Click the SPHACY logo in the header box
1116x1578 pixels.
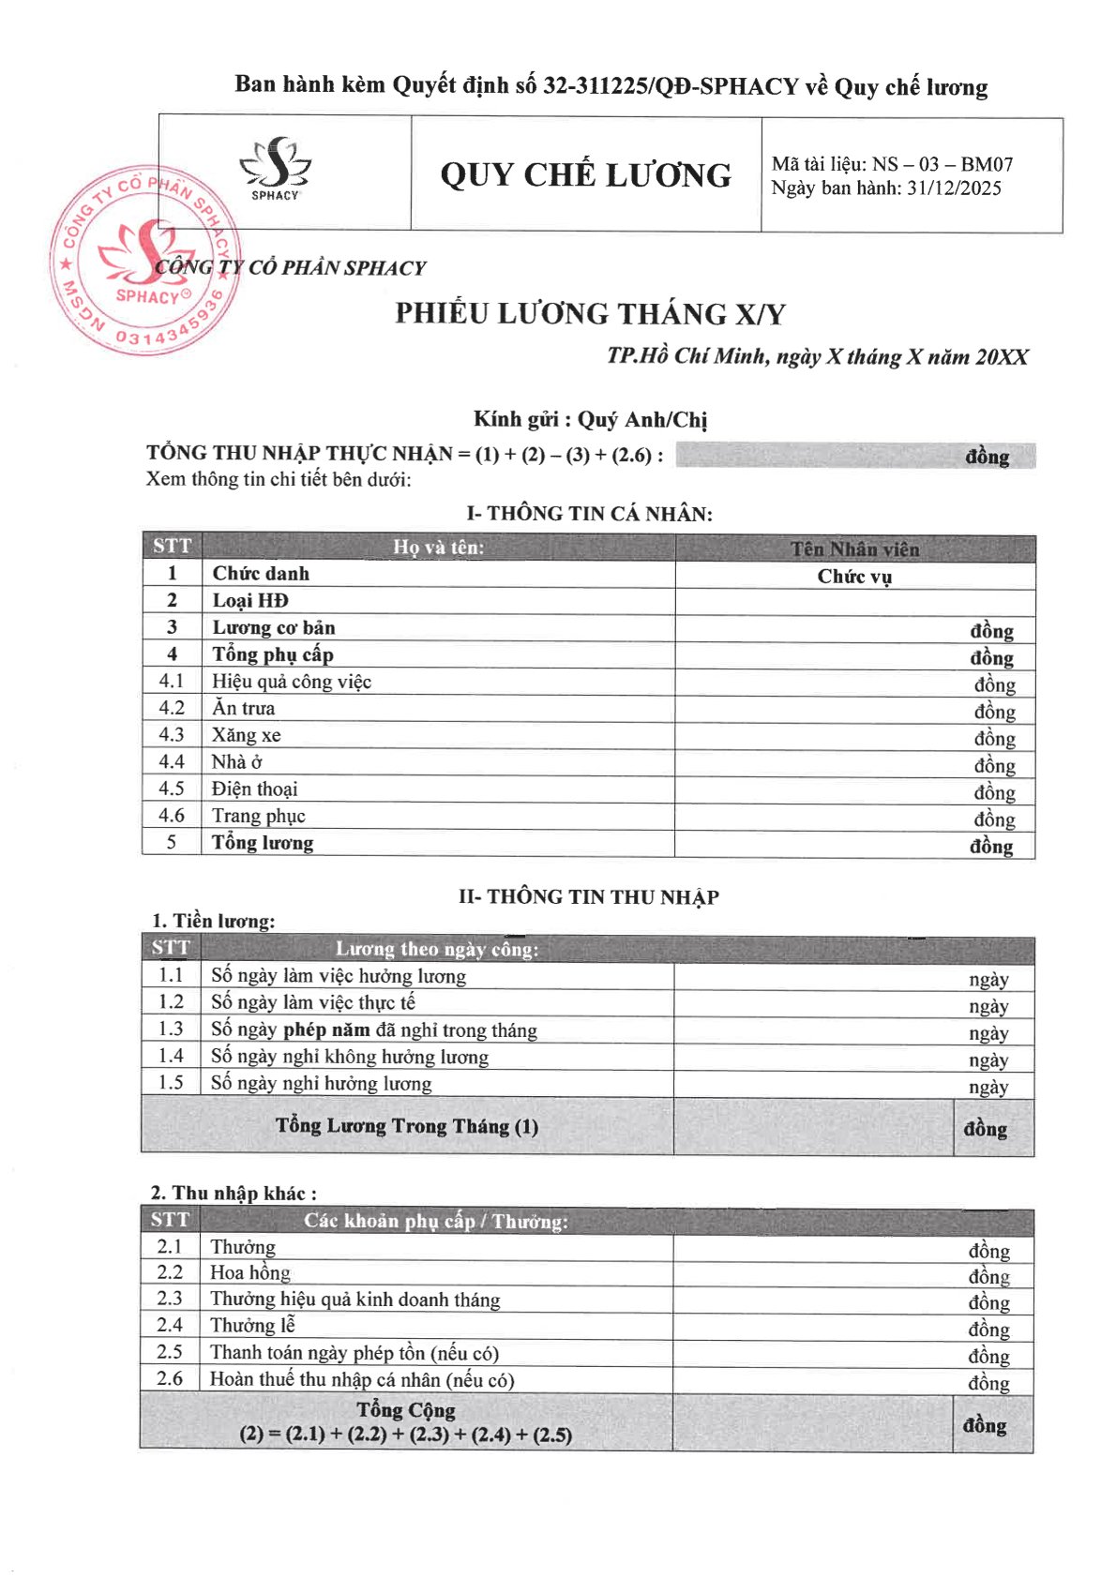(275, 170)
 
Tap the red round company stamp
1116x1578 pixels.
(141, 259)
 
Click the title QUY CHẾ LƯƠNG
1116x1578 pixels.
(586, 175)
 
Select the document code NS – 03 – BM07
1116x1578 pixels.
(942, 164)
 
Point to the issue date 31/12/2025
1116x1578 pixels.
(954, 188)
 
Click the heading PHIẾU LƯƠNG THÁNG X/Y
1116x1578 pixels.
(590, 313)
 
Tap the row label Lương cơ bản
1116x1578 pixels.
(273, 627)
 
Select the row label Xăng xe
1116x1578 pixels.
(246, 735)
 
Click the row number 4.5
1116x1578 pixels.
(172, 789)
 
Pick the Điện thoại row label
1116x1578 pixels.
(254, 789)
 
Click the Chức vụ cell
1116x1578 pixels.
(854, 577)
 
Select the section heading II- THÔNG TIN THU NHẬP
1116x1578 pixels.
(588, 897)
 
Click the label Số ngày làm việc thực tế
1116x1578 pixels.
(312, 1002)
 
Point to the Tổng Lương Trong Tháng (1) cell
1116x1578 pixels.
(406, 1125)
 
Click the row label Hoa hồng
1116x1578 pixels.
(249, 1272)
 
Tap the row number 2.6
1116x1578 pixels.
(170, 1378)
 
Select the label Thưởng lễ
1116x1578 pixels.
(252, 1325)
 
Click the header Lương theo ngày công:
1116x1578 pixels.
(437, 949)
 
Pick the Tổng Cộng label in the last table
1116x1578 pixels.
(406, 1410)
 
